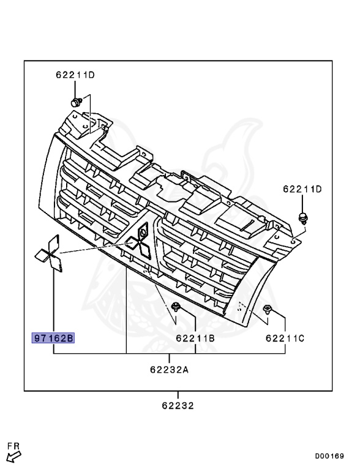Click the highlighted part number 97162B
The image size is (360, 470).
pyautogui.click(x=53, y=338)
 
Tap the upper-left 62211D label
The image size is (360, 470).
pyautogui.click(x=75, y=75)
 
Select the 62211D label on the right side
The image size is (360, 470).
pyautogui.click(x=302, y=189)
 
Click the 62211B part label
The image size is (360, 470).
pyautogui.click(x=195, y=338)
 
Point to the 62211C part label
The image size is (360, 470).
pyautogui.click(x=285, y=338)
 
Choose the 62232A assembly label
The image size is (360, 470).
pyautogui.click(x=169, y=370)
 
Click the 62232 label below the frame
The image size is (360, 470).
pyautogui.click(x=178, y=406)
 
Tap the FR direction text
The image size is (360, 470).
pyautogui.click(x=13, y=446)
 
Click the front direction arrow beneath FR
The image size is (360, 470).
pyautogui.click(x=13, y=457)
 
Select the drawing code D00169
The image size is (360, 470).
pyautogui.click(x=329, y=456)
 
